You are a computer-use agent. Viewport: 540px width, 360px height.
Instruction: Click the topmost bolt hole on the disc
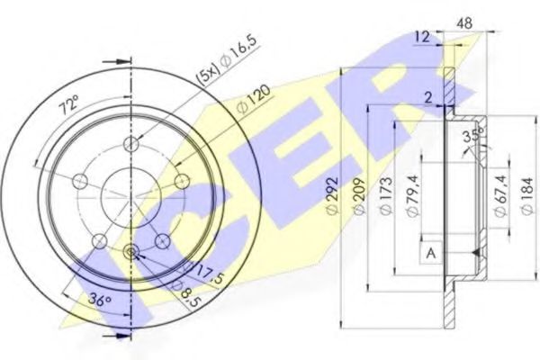click(132, 146)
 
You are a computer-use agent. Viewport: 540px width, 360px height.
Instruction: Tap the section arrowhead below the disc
click(112, 337)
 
